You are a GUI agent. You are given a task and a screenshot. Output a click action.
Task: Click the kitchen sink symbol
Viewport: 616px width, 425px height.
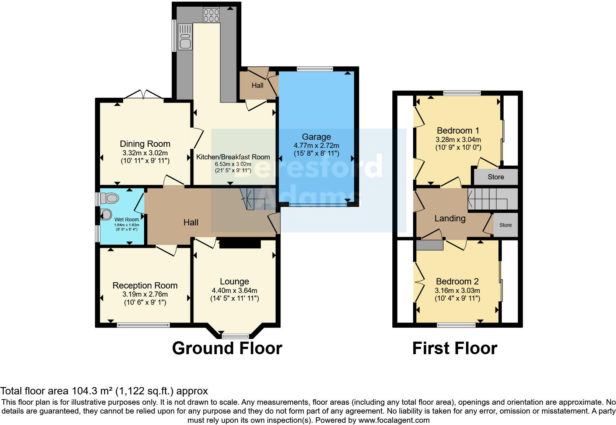pyautogui.click(x=185, y=37)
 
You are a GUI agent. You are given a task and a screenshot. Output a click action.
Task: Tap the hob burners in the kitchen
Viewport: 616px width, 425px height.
pyautogui.click(x=211, y=15)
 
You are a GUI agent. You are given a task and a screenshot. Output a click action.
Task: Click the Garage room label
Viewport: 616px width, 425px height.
pyautogui.click(x=316, y=137)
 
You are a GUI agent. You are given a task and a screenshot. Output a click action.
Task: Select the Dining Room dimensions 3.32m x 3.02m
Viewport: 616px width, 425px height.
pyautogui.click(x=145, y=153)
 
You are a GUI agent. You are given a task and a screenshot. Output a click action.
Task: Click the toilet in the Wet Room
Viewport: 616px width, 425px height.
pyautogui.click(x=110, y=199)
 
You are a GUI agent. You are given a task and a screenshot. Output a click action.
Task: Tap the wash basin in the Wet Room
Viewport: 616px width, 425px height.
pyautogui.click(x=106, y=214)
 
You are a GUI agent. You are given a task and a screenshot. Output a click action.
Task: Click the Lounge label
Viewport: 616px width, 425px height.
pyautogui.click(x=234, y=281)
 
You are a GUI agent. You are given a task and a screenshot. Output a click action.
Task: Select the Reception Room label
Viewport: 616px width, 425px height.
pyautogui.click(x=145, y=285)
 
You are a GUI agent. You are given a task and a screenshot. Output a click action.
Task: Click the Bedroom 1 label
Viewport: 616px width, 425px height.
pyautogui.click(x=458, y=130)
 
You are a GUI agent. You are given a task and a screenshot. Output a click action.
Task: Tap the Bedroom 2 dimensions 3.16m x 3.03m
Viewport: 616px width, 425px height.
pyautogui.click(x=457, y=290)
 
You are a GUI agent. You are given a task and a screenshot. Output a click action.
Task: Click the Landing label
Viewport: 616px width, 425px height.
pyautogui.click(x=450, y=218)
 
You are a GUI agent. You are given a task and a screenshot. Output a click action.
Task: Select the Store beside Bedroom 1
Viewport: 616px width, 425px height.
pyautogui.click(x=496, y=177)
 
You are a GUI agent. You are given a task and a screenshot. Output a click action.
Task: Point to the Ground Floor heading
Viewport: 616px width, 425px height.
pyautogui.click(x=227, y=348)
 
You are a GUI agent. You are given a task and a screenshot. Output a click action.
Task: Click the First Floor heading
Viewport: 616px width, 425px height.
pyautogui.click(x=455, y=348)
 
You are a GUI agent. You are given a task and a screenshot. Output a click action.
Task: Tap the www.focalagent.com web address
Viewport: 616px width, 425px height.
pyautogui.click(x=394, y=420)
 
